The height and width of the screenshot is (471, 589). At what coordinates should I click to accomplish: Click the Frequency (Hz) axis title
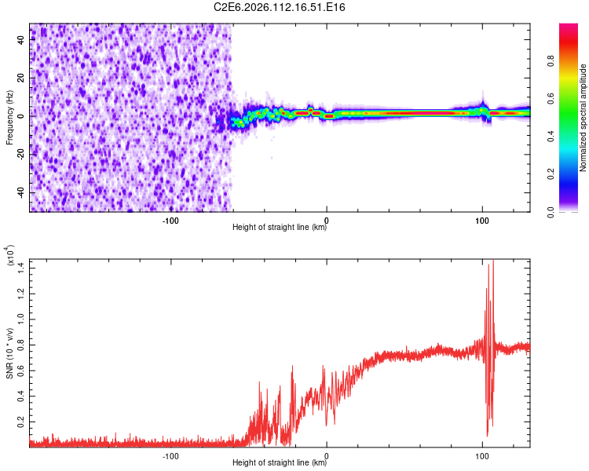10,117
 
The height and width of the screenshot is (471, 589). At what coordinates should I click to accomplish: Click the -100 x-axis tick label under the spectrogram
170,221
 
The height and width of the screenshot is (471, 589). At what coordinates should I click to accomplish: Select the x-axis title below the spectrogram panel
280,228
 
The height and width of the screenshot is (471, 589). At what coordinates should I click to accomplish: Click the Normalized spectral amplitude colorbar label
584,118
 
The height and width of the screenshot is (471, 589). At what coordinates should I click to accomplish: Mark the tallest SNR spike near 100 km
493,261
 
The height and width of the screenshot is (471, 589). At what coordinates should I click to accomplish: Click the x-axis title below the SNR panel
280,462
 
